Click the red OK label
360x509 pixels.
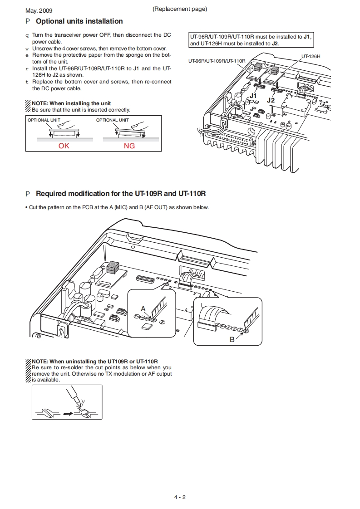pyautogui.click(x=64, y=146)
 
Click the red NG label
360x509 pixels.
pyautogui.click(x=129, y=146)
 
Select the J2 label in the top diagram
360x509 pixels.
pyautogui.click(x=271, y=99)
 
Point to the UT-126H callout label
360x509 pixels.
pyautogui.click(x=311, y=56)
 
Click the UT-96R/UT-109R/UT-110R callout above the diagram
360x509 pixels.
pyautogui.click(x=217, y=61)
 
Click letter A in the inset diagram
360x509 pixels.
pyautogui.click(x=143, y=308)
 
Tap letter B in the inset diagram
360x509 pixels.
pyautogui.click(x=232, y=339)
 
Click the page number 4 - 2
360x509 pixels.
pyautogui.click(x=180, y=497)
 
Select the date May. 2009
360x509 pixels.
pyautogui.click(x=39, y=10)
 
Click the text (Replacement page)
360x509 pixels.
pyautogui.click(x=180, y=9)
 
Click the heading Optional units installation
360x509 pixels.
pyautogui.click(x=79, y=21)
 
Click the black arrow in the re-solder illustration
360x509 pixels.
pyautogui.click(x=69, y=413)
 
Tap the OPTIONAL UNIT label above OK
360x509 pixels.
pyautogui.click(x=44, y=120)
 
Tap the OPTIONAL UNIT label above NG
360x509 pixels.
pyautogui.click(x=113, y=120)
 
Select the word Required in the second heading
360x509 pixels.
pyautogui.click(x=50, y=194)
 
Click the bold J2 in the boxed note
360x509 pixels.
pyautogui.click(x=275, y=44)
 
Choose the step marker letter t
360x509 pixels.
pyautogui.click(x=27, y=82)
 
